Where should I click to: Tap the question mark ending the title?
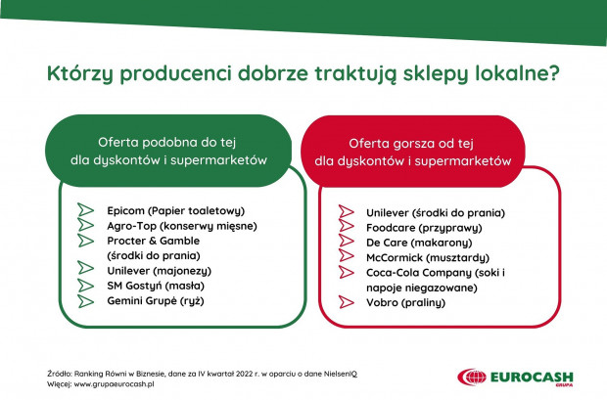coord(554,72)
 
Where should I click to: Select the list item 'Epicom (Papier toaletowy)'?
coord(176,211)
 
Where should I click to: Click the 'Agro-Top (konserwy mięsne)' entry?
coord(182,226)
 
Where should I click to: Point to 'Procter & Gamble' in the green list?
coord(154,241)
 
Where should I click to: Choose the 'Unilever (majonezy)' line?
coord(160,271)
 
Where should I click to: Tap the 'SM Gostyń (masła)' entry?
coord(156,286)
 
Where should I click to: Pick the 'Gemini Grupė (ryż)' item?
coord(156,301)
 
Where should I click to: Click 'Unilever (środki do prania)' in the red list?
coord(436,213)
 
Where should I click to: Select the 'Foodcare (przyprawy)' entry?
coord(424,228)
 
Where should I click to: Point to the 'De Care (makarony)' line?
coord(419,243)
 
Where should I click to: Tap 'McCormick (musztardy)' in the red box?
coord(428,258)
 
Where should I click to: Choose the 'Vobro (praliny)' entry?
coord(405,303)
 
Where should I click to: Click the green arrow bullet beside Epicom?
coord(85,209)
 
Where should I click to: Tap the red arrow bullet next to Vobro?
coord(346,302)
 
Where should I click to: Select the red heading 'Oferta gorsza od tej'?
coord(411,144)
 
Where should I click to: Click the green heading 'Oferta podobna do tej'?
coord(166,143)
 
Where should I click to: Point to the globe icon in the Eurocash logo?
coord(472,378)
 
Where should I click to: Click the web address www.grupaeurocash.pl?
coord(114,384)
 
